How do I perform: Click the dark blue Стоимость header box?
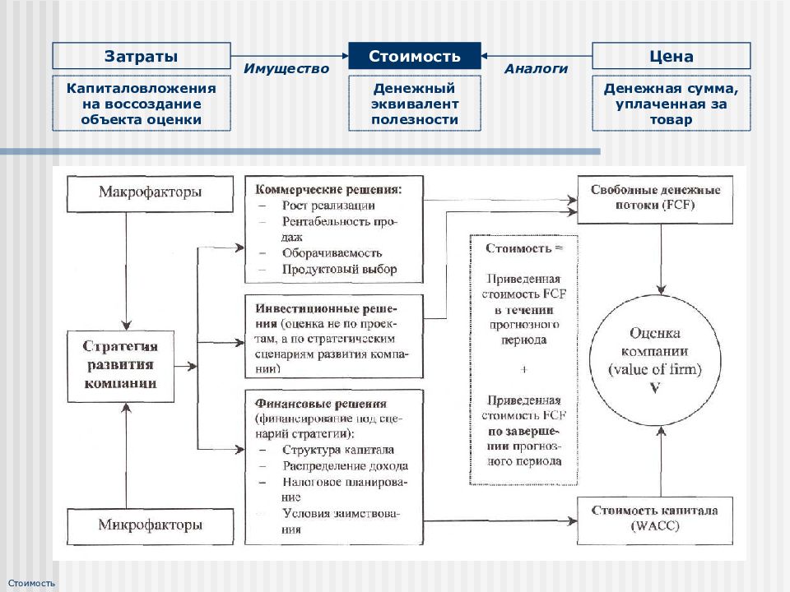coord(415,56)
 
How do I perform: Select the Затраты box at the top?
coord(142,56)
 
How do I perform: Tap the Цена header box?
coord(671,56)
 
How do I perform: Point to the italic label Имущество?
coord(286,68)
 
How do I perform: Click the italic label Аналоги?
coord(536,68)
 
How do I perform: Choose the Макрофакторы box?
coord(150,193)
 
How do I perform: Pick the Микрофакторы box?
coord(150,526)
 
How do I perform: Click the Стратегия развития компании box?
coord(121,366)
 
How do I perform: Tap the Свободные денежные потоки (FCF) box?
coord(655,199)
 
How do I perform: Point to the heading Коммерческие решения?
coord(328,190)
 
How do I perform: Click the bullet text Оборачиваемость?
coord(332,253)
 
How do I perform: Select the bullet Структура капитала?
coord(338,450)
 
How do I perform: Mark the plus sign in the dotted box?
coord(524,369)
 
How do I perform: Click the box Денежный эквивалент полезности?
coord(415,104)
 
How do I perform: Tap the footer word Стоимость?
coord(31,583)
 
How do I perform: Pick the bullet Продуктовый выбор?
coord(340,270)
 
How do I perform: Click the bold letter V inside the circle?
coord(655,389)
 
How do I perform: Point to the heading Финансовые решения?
coord(321,404)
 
